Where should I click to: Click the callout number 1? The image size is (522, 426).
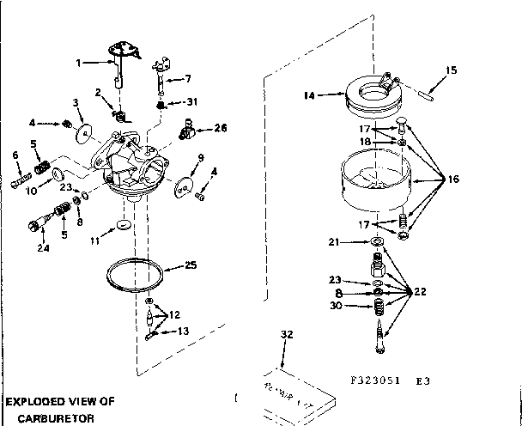78,63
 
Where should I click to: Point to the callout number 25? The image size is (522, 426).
191,265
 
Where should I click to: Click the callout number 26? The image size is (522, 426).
221,128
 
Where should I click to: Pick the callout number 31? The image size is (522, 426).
191,102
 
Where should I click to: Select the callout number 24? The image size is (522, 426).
42,249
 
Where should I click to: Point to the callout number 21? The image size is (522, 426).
335,243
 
